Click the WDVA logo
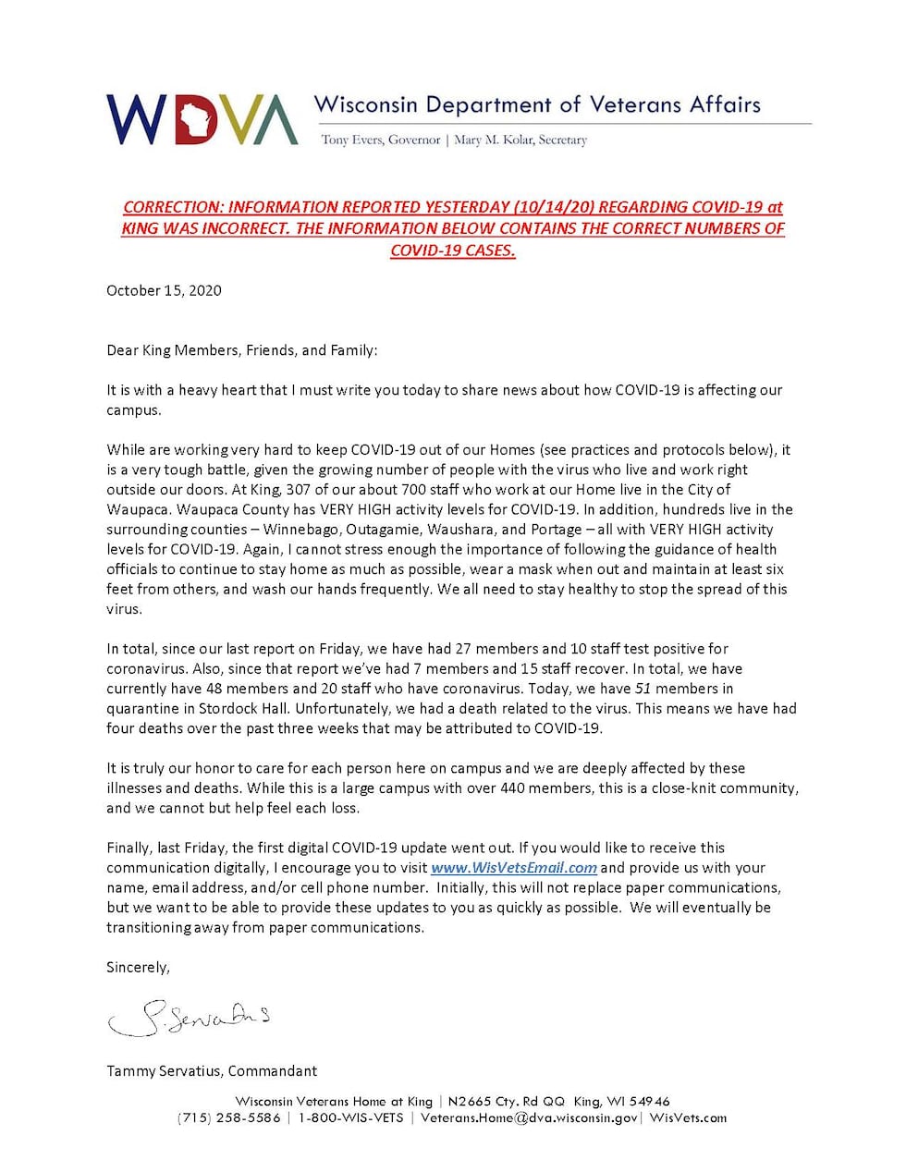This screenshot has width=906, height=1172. click(x=202, y=119)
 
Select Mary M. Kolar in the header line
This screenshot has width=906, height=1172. click(x=493, y=140)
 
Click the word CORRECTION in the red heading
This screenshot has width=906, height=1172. click(x=173, y=208)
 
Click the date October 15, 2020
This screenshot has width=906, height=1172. click(x=164, y=290)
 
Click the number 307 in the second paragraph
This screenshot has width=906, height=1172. click(x=298, y=490)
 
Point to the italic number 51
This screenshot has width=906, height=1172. click(x=643, y=689)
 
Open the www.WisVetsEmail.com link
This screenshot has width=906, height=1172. click(x=514, y=868)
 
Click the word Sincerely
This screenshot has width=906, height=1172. click(x=138, y=968)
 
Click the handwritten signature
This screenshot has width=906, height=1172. click(x=190, y=1018)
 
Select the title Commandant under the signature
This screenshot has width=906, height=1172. click(x=273, y=1071)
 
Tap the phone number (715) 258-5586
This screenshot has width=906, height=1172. click(x=228, y=1118)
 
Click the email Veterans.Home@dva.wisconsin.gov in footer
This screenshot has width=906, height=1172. click(x=529, y=1118)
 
